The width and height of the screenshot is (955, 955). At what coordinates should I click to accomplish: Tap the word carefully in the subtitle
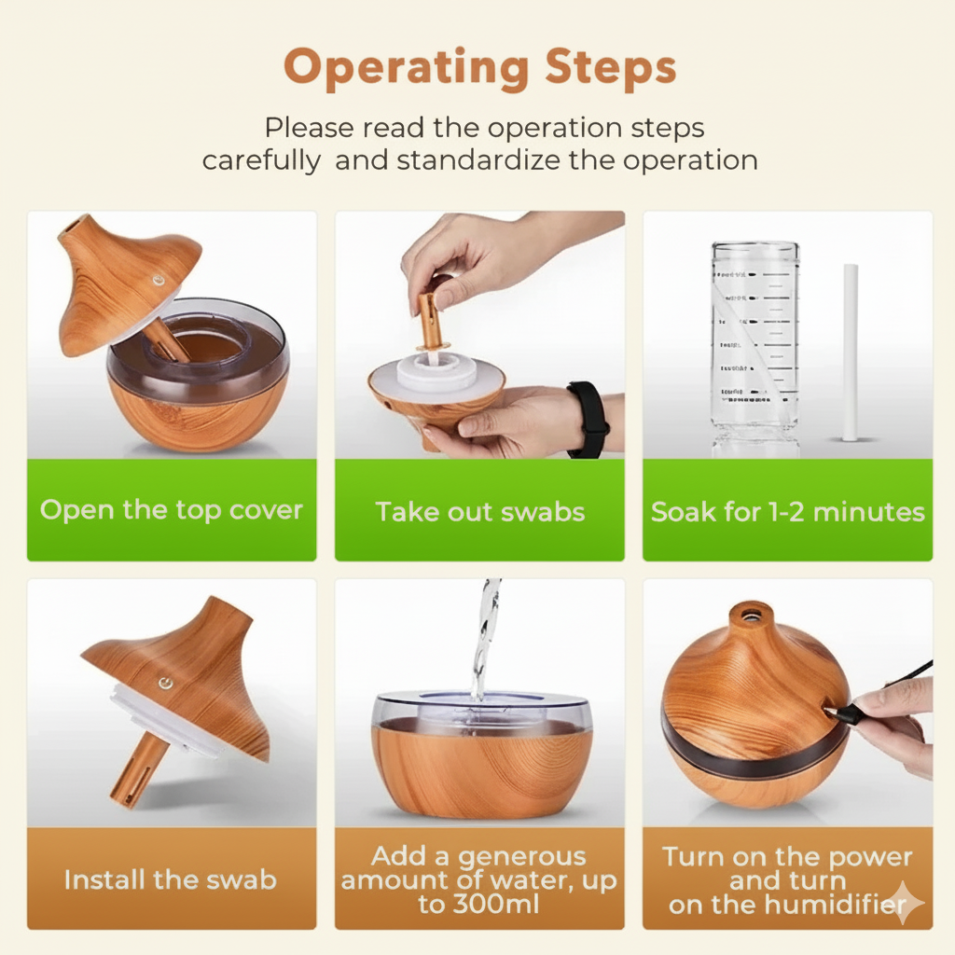tap(260, 159)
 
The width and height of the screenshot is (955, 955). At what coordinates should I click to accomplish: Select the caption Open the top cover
tap(172, 510)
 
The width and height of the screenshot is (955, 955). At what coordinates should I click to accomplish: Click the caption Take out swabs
tap(479, 512)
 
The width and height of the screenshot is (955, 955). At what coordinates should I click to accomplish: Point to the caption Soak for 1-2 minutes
tap(787, 512)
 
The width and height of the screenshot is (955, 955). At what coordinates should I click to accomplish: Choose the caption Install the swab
tap(171, 879)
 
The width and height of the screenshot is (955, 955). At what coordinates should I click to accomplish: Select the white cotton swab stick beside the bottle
tap(851, 352)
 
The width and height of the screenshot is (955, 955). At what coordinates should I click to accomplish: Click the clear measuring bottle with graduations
tap(754, 345)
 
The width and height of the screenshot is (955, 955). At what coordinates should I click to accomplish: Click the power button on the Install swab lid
tap(166, 684)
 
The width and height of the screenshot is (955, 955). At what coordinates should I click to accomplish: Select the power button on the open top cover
tap(159, 279)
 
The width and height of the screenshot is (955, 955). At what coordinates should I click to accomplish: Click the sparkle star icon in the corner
tap(905, 903)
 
